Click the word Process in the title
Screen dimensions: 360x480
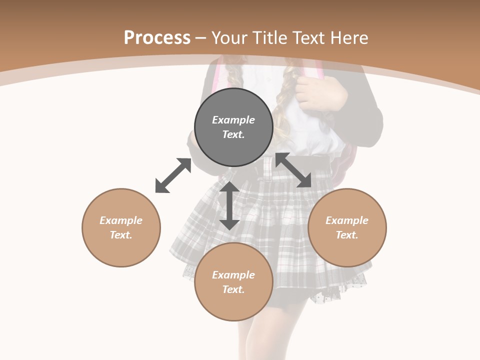point(157,38)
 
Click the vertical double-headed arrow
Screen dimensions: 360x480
point(229,205)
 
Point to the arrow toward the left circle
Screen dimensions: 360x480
point(173,175)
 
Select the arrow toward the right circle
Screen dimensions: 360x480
point(293,170)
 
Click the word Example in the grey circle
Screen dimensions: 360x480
point(233,120)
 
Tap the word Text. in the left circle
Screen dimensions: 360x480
point(121,235)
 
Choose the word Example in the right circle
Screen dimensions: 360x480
point(347,220)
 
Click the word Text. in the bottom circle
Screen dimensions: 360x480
point(233,289)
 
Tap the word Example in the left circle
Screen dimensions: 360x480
point(121,220)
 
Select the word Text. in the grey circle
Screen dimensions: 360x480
point(233,134)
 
